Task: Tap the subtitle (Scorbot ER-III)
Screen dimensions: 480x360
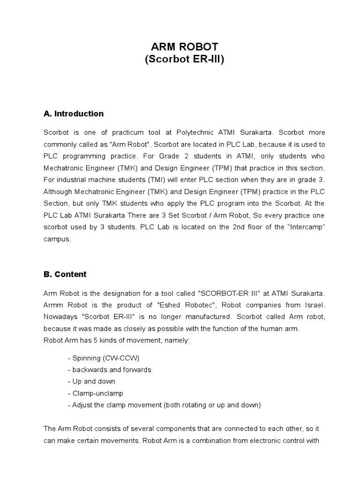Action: pyautogui.click(x=184, y=60)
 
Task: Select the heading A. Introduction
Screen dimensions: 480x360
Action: pyautogui.click(x=74, y=113)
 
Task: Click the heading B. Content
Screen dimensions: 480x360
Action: pyautogui.click(x=65, y=274)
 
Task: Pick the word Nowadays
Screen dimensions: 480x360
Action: pyautogui.click(x=60, y=317)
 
